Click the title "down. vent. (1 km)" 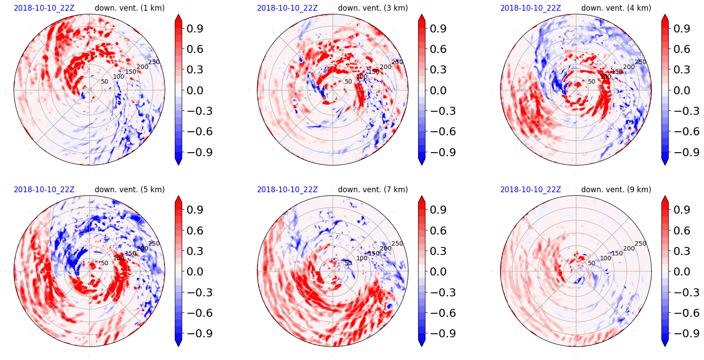tap(129, 8)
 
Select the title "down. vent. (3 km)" tap(373, 8)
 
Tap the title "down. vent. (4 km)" tap(616, 8)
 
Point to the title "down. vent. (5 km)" tap(129, 190)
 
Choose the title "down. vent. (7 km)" tap(373, 190)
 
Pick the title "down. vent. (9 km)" tap(616, 190)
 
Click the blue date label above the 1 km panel tap(44, 8)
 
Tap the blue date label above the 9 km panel tap(531, 190)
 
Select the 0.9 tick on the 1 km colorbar tap(194, 28)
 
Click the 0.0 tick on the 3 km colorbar tap(438, 90)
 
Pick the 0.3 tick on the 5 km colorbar tap(194, 251)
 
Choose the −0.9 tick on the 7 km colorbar tap(438, 333)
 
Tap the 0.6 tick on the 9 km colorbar tap(681, 231)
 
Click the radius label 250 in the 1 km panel tap(154, 62)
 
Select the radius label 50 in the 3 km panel tap(348, 81)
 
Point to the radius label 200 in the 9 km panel tap(629, 248)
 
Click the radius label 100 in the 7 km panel tap(362, 258)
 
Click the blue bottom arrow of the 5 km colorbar tap(178, 342)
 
